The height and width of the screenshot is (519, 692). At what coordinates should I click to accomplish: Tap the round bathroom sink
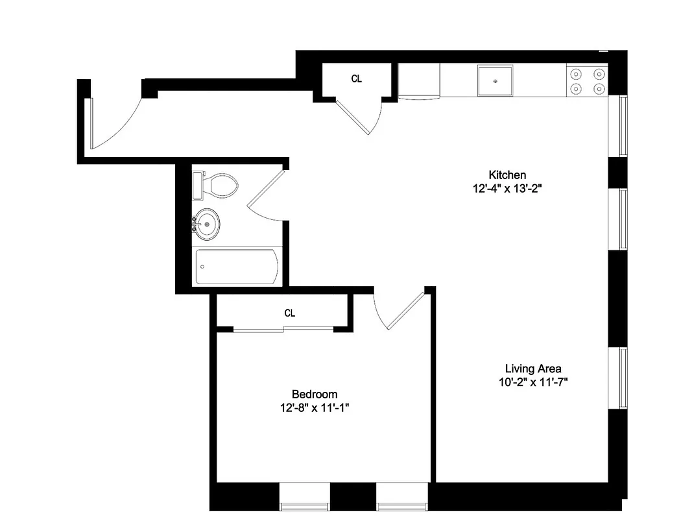pos(207,225)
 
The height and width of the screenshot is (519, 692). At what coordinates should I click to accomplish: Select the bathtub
pos(238,267)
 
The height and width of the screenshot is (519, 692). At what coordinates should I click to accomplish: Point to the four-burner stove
pos(588,81)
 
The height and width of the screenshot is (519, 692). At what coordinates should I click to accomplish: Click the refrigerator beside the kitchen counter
pos(418,82)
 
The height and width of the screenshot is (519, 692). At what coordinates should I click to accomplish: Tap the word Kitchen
pos(507,175)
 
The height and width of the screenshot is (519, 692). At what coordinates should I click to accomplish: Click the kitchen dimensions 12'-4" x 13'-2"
pos(507,189)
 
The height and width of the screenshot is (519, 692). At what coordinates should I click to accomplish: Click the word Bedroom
pos(315,394)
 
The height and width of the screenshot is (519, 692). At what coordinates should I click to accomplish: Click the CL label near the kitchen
pos(357,79)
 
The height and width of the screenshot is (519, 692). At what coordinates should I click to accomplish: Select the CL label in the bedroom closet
pos(290,313)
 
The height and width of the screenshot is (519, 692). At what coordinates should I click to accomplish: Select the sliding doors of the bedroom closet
pos(283,331)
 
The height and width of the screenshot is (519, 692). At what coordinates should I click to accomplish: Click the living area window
pos(623,379)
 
